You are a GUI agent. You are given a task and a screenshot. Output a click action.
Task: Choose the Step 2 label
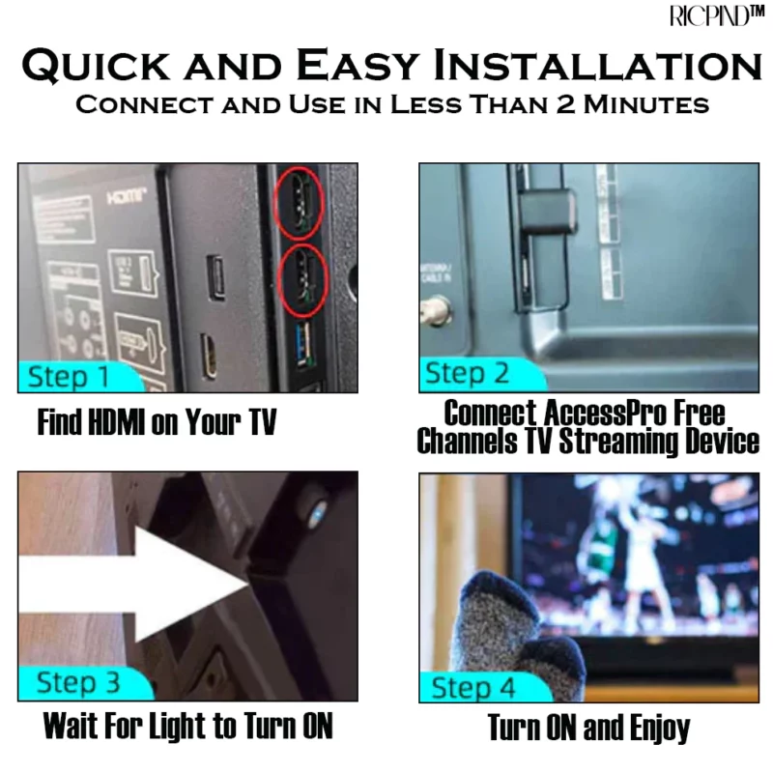point(468,373)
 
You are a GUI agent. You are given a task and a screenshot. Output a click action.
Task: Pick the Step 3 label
point(77,683)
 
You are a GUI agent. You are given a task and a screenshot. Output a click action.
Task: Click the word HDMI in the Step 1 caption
point(112,423)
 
